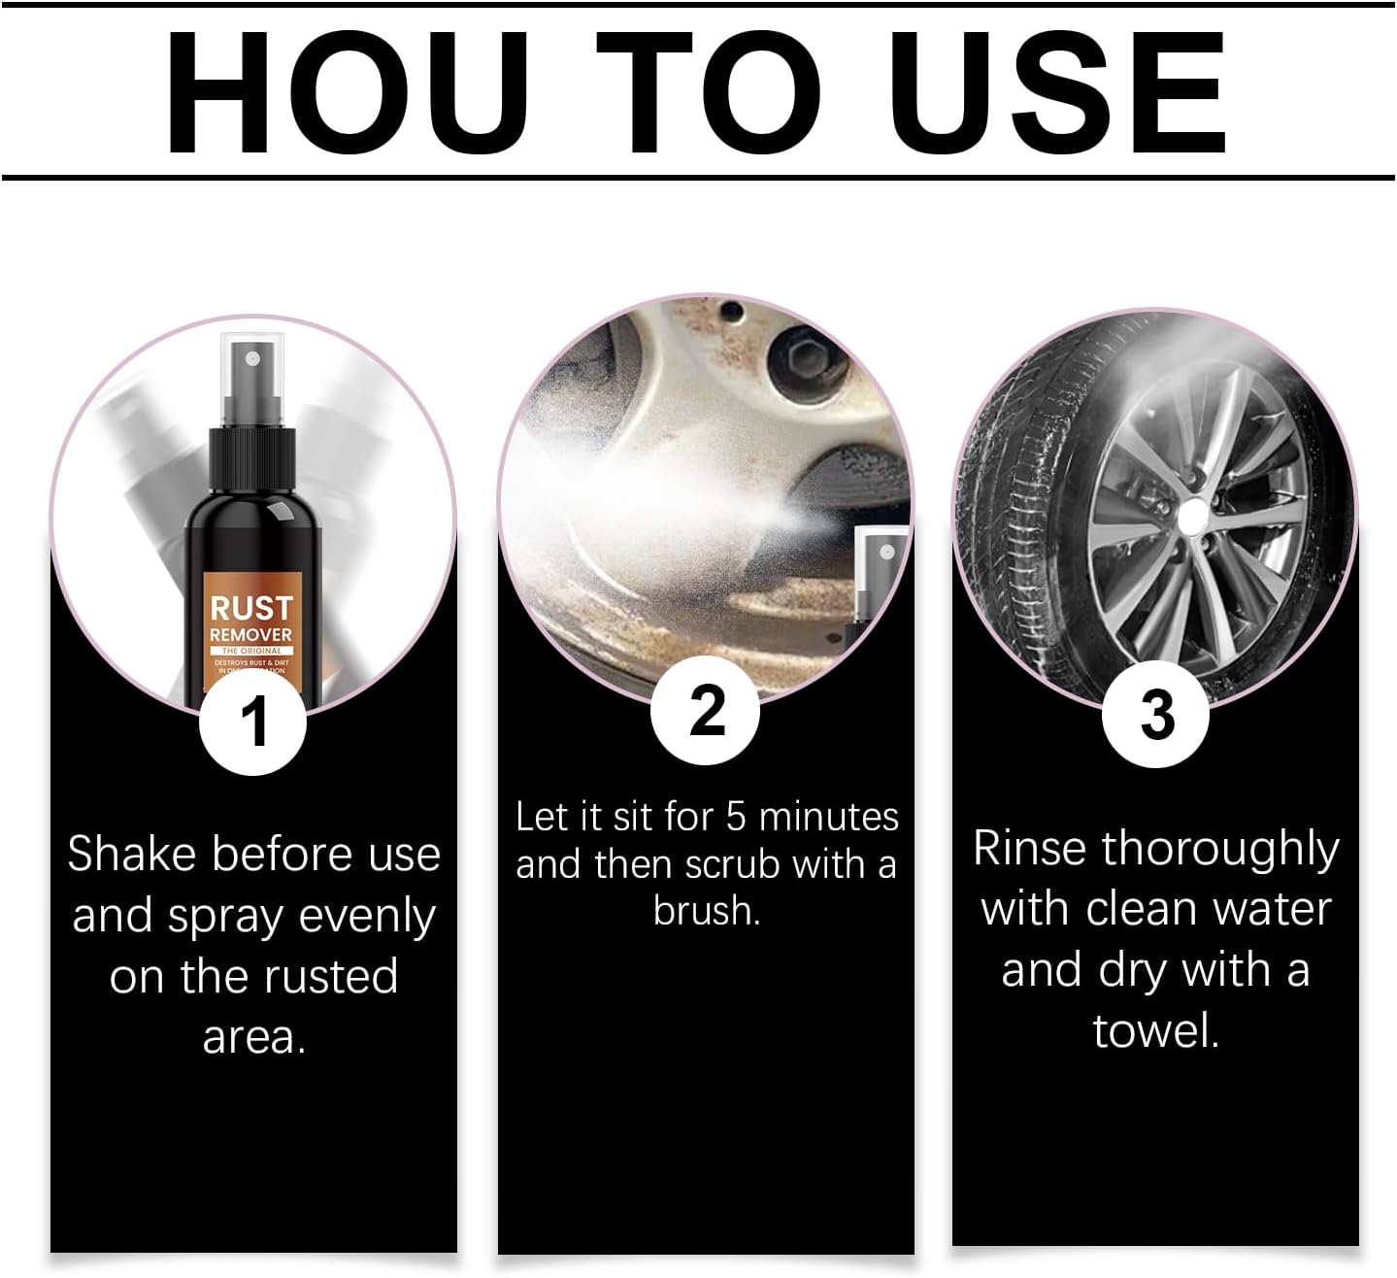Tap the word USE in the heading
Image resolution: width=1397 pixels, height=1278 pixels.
point(1057,93)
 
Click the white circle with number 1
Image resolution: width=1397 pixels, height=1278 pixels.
point(253,722)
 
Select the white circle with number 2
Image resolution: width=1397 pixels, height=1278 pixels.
point(706,710)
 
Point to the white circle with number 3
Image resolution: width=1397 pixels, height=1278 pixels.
point(1156,715)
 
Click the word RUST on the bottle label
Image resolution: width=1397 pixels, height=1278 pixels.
point(251,609)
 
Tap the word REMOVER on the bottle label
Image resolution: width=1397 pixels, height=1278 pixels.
point(251,635)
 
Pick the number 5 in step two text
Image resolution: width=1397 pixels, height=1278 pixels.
point(736,817)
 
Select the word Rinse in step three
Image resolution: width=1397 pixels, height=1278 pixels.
point(1029,848)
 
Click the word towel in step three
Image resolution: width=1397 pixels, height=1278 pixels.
point(1154,1030)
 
